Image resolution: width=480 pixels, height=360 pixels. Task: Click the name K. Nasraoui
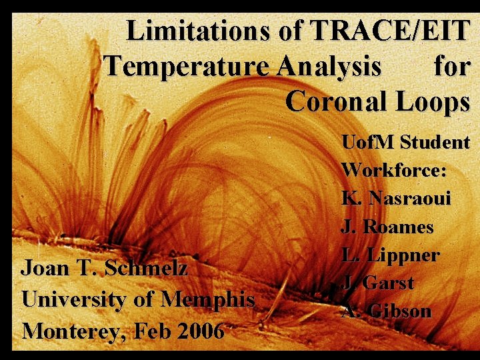point(396,198)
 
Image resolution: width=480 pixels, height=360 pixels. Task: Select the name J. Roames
point(387,227)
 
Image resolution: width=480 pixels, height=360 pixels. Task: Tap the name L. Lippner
point(390,255)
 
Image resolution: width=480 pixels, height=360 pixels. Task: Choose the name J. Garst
point(378,283)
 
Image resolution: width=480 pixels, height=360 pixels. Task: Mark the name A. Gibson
point(386,311)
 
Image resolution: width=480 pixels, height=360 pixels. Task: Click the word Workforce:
point(394,170)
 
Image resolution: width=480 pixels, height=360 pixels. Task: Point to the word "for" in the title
point(451,67)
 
